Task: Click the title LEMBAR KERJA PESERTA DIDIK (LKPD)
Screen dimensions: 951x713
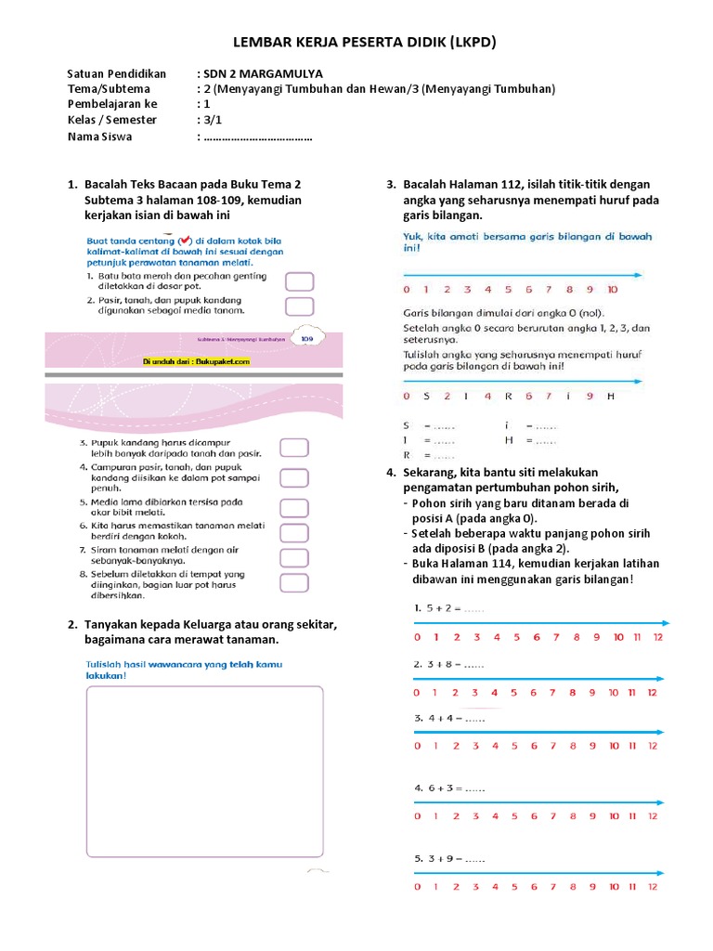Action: point(356,43)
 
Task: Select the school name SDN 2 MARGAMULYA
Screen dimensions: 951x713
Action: point(264,73)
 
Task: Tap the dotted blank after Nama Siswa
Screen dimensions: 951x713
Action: point(257,137)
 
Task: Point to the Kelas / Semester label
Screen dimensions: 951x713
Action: point(112,120)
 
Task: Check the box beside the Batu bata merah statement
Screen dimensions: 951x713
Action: point(298,281)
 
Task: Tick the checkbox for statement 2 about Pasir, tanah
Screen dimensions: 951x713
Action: point(298,306)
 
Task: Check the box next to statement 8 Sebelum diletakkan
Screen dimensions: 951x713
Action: point(294,583)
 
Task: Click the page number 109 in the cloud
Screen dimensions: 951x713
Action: point(306,340)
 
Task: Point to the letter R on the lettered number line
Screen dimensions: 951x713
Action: point(508,396)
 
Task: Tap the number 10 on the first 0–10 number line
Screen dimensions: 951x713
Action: point(612,289)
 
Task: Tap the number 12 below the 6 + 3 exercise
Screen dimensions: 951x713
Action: point(653,815)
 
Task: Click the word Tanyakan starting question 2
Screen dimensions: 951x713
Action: point(115,624)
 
